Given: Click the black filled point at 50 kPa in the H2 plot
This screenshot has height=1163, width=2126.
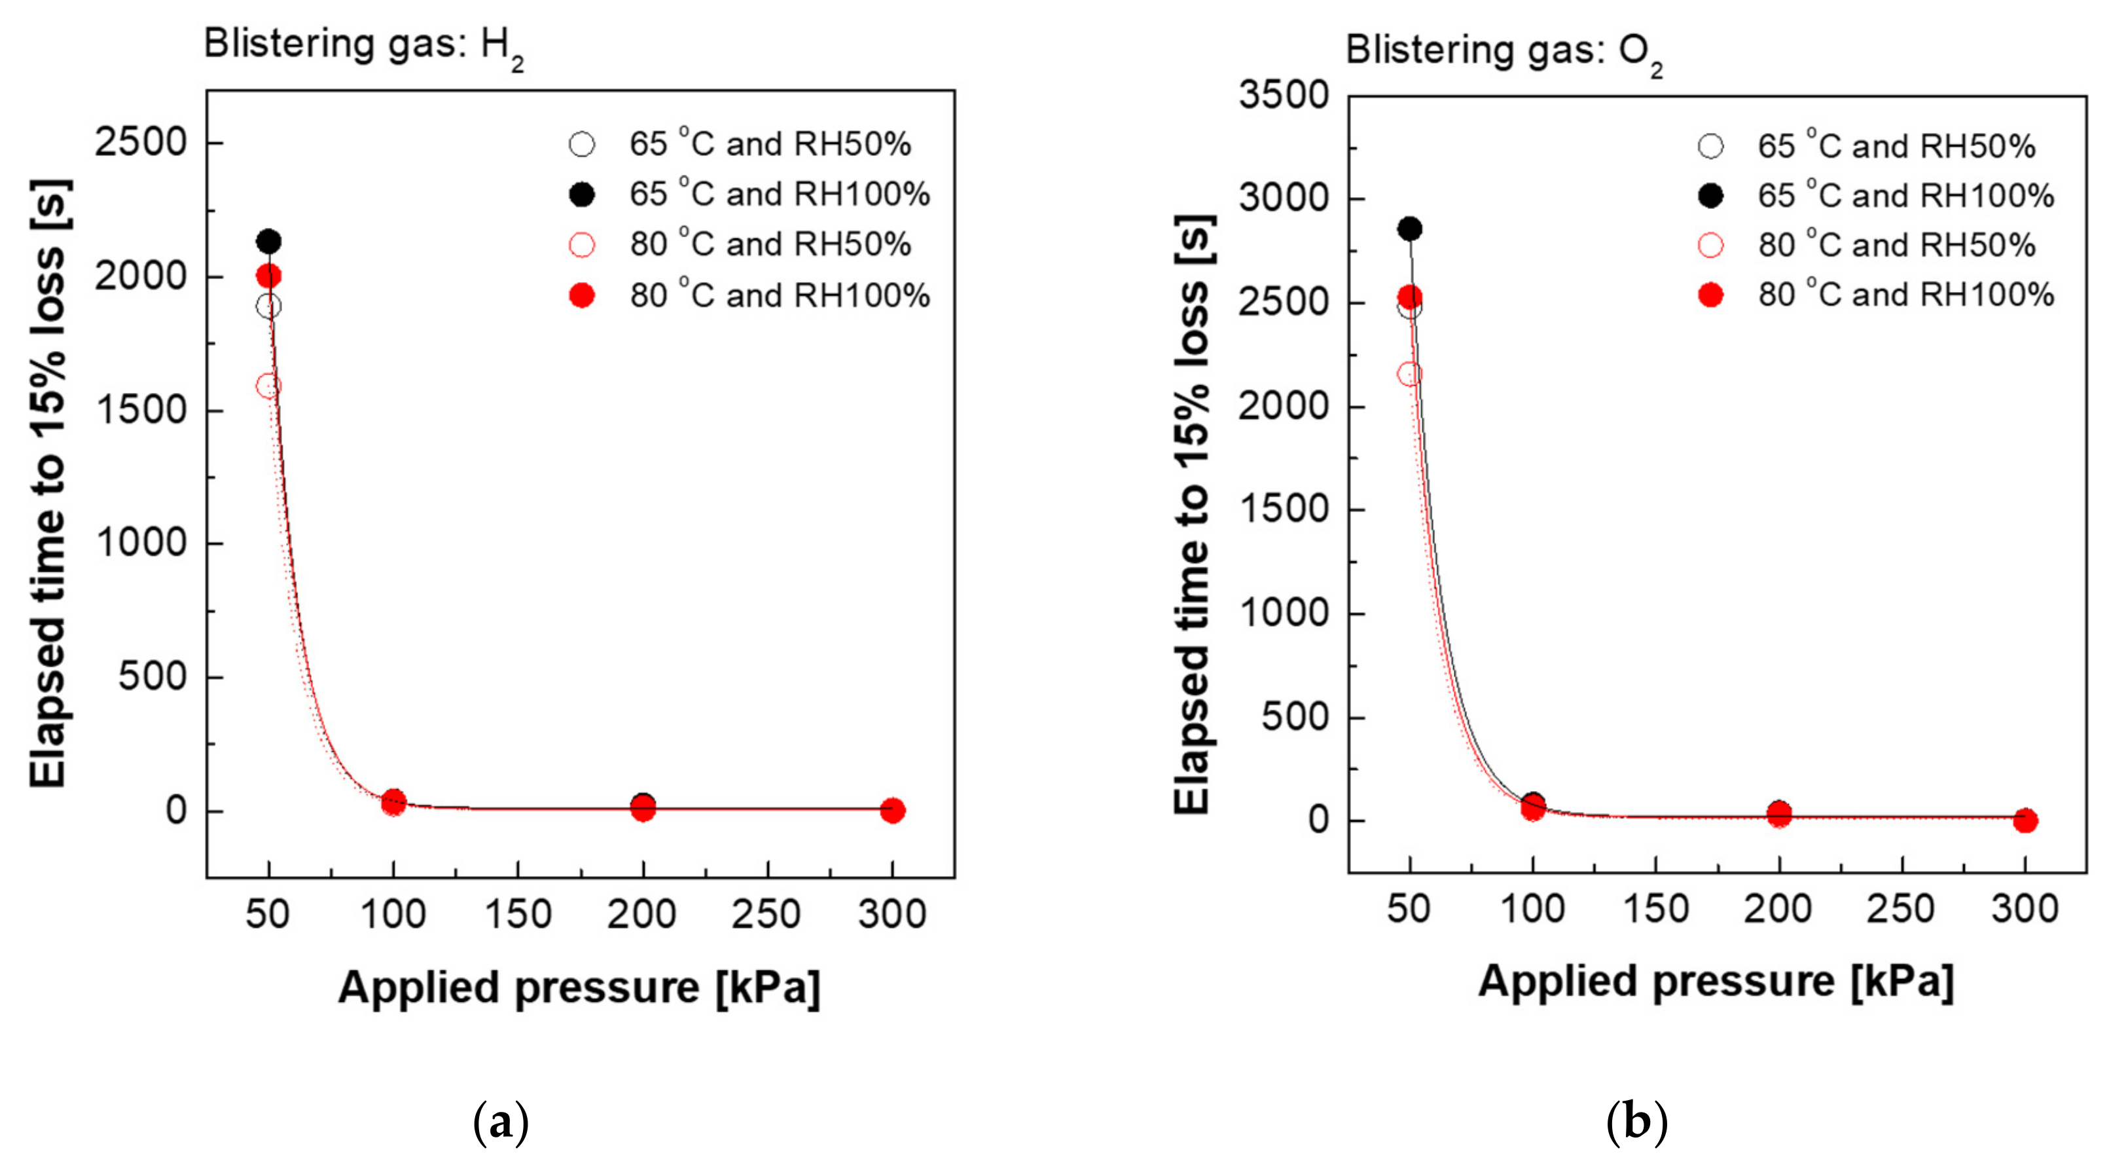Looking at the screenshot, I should (268, 242).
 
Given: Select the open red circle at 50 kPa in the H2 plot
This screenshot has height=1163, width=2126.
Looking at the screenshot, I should (268, 386).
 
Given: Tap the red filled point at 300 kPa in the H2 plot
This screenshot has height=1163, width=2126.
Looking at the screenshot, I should (892, 810).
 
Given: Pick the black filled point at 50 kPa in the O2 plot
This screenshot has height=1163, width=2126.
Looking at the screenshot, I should (1410, 229).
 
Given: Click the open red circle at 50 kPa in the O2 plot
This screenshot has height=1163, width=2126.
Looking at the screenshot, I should (1410, 374).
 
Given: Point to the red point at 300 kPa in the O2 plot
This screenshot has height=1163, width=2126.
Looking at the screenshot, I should (2025, 821).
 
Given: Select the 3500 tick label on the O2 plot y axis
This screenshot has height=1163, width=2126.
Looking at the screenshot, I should (1284, 95).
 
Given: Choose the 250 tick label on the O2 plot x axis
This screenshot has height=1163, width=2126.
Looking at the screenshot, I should (1901, 909).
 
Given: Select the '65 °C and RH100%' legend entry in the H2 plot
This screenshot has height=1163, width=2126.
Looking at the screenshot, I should (779, 194).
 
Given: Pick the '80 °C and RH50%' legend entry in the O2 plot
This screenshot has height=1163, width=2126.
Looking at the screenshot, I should (1896, 245).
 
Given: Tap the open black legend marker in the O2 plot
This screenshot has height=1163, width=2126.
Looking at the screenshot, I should (1711, 147).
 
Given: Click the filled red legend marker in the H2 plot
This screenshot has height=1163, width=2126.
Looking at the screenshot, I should (582, 295).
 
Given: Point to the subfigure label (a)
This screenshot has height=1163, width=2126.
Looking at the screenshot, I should (500, 1122).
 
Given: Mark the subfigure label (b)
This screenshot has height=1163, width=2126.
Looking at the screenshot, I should (1636, 1122).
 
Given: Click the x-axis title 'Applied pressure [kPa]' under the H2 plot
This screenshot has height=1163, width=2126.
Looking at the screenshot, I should (579, 988).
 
